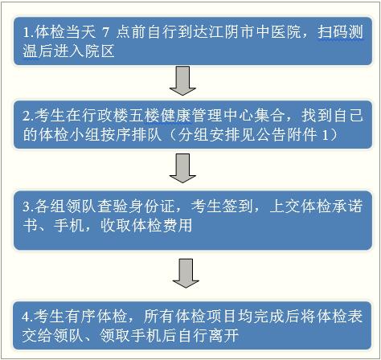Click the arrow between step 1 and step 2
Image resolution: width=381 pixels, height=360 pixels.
(x=182, y=80)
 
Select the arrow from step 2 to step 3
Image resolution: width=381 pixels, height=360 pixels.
(x=182, y=168)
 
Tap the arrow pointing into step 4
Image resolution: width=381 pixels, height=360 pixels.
(x=186, y=273)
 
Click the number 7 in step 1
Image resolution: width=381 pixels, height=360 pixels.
(x=106, y=32)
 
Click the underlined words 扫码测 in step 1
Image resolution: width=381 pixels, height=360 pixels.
(x=341, y=32)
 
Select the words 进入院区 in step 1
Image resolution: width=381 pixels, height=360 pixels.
(x=84, y=51)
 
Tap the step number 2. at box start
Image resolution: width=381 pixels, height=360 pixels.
(x=28, y=116)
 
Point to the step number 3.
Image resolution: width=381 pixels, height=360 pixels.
(x=28, y=207)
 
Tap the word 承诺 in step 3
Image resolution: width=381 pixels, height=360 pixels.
(x=348, y=206)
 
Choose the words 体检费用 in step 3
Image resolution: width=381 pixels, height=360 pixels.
(x=162, y=225)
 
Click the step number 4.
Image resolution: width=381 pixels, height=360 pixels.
(x=27, y=317)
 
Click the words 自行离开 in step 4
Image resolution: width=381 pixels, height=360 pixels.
(x=208, y=335)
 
